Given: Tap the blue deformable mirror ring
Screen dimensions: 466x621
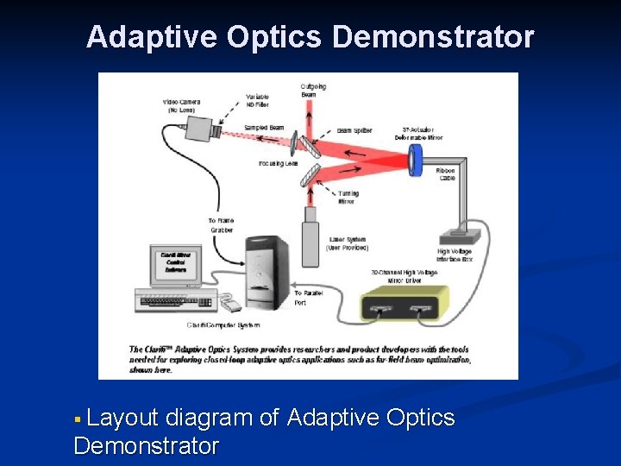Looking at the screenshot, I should tap(417, 156).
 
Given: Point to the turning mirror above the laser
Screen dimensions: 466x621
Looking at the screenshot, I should tap(310, 176).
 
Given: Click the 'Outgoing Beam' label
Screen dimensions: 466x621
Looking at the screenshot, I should tap(313, 90).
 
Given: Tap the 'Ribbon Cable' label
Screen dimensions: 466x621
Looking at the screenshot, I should tap(446, 174).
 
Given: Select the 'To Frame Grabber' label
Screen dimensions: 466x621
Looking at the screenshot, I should tap(222, 226).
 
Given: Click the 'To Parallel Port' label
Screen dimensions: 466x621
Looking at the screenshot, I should tap(306, 298).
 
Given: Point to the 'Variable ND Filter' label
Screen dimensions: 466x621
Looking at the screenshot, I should tap(257, 99).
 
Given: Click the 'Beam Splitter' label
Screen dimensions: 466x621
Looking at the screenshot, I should tap(354, 130).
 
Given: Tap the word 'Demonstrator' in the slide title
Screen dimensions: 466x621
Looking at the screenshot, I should tap(433, 38).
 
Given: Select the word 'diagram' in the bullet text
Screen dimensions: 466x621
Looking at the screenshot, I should tap(210, 419).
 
